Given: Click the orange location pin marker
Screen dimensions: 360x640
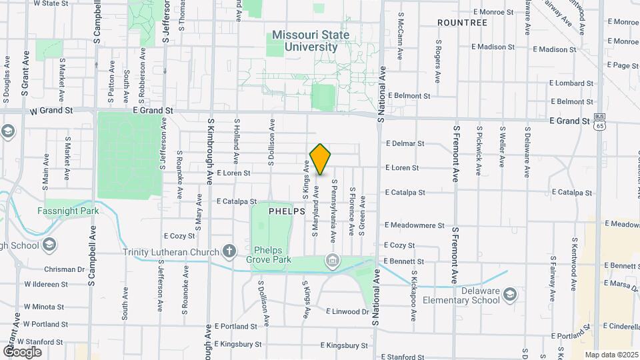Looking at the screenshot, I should [321, 159].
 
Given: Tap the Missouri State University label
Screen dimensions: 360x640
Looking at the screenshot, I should [311, 41].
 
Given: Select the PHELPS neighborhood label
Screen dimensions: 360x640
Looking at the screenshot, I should [287, 211].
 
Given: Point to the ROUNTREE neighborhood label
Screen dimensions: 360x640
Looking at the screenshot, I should [462, 23].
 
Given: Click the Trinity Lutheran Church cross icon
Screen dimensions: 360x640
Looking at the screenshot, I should [229, 251].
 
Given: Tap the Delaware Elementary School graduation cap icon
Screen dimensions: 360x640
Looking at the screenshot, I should [510, 294].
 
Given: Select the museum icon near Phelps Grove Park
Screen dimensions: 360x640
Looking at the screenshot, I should [331, 259].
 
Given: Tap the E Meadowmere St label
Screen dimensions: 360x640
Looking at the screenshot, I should [414, 225].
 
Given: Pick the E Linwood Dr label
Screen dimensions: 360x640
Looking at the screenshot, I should [347, 311].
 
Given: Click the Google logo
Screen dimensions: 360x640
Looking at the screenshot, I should [22, 351].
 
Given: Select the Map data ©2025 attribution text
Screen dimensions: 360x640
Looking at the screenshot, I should [611, 355].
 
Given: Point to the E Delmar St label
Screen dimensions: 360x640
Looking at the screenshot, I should [405, 143].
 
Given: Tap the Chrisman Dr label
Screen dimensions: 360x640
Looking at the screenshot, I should [64, 269].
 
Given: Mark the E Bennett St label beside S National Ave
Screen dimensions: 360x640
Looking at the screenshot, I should [404, 261].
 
